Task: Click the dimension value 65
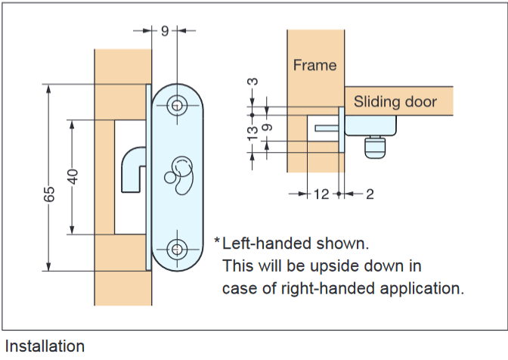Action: (49, 194)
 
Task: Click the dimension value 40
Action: (73, 175)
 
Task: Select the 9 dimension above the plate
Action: (165, 30)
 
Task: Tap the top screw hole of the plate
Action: (178, 105)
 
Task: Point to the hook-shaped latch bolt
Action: (132, 166)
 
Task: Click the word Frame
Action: (314, 65)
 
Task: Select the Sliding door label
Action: (395, 101)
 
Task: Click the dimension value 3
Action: (252, 81)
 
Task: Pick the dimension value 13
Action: (252, 132)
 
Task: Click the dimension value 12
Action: (321, 194)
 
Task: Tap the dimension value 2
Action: (369, 194)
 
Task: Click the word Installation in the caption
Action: (43, 346)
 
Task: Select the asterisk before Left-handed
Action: (217, 243)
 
